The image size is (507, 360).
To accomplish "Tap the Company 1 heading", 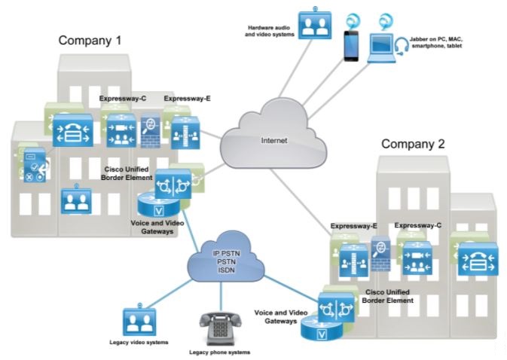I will point(90,40).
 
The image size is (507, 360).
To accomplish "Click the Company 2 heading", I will point(412,144).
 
